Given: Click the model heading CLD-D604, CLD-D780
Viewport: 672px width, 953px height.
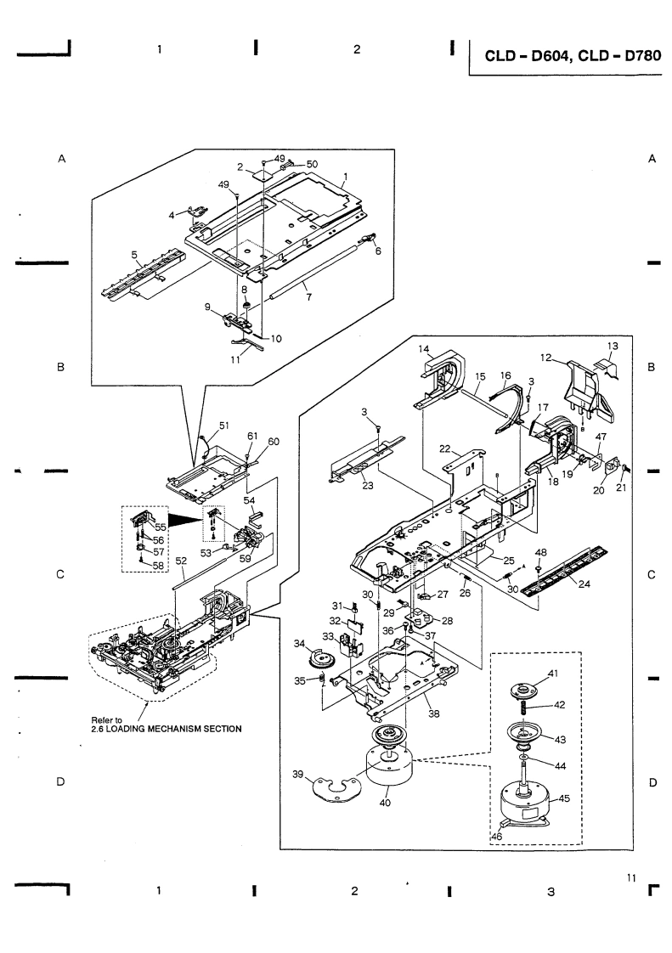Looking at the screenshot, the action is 573,56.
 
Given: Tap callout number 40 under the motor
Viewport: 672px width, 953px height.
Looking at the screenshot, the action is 385,803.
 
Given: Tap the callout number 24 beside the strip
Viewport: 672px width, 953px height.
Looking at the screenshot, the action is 584,584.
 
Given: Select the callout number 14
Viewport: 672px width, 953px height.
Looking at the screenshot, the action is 425,349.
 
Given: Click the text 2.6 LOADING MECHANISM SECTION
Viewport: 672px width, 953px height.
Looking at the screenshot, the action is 166,729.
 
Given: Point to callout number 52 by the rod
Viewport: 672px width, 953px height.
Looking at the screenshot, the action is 181,561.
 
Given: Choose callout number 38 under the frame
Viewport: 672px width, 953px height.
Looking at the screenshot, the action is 433,714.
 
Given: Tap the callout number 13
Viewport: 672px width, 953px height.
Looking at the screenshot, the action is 613,346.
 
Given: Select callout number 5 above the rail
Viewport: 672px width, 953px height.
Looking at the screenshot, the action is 134,255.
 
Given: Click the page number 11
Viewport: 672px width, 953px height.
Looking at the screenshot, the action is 630,877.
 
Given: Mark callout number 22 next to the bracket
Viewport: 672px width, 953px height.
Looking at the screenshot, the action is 445,449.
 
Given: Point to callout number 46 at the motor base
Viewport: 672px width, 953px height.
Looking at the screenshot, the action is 496,837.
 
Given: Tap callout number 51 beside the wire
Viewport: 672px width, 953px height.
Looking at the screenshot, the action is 224,426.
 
